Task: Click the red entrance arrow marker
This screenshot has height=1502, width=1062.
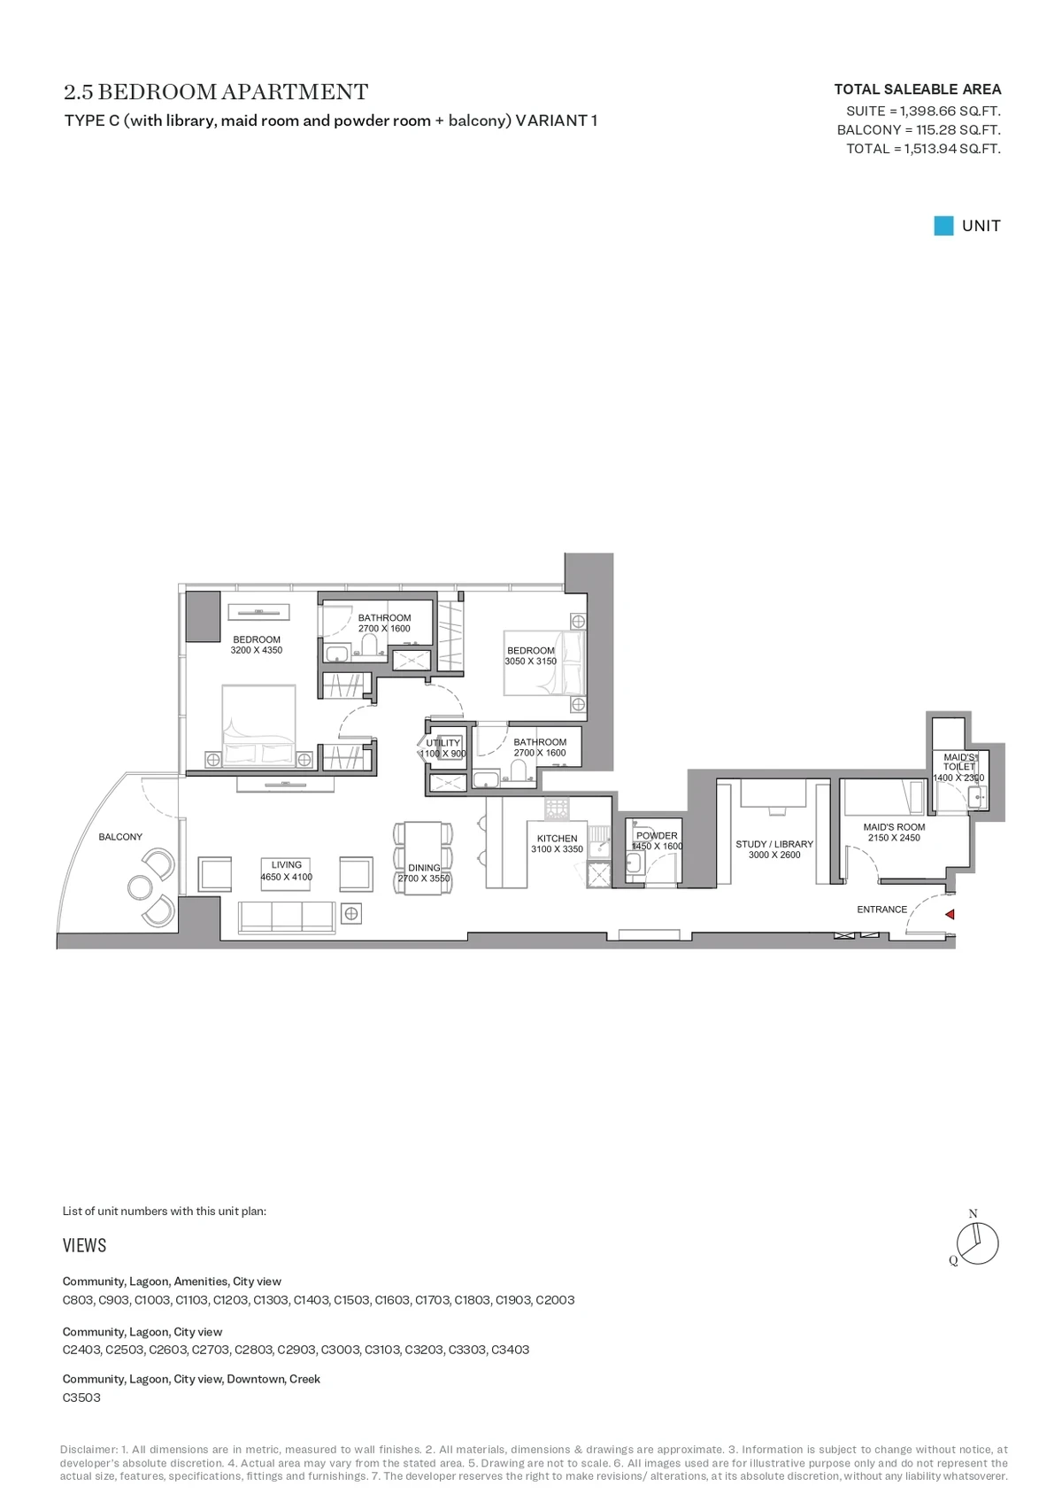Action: [x=950, y=914]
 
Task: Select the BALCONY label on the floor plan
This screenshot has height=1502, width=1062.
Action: [x=120, y=837]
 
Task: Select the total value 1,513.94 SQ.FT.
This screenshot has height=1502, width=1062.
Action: [x=952, y=149]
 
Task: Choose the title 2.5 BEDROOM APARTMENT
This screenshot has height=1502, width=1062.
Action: [x=216, y=91]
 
